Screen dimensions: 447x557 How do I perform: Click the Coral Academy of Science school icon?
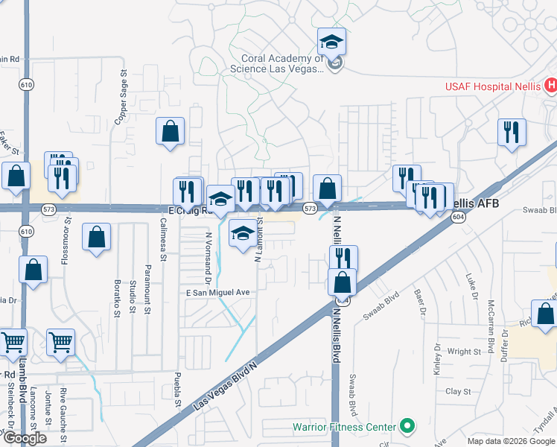(x=331, y=42)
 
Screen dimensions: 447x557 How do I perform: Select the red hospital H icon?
(x=550, y=86)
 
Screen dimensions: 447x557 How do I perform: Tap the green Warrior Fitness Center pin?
(x=407, y=426)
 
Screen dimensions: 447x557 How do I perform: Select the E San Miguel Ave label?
(x=217, y=294)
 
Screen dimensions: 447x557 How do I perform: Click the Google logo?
(x=25, y=438)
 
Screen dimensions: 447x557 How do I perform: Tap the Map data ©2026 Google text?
(x=510, y=441)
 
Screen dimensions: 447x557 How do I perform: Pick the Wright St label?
(x=464, y=351)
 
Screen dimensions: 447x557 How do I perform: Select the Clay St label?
(x=458, y=391)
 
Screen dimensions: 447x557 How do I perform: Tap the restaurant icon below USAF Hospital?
(x=512, y=132)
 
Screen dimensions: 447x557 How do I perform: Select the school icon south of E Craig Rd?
(x=242, y=235)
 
